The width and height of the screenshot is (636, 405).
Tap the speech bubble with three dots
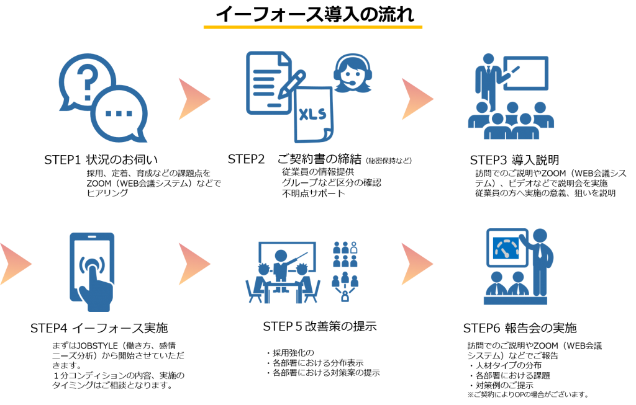click(x=119, y=113)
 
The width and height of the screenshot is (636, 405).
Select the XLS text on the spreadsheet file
click(x=312, y=115)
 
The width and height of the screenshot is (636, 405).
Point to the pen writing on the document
click(x=291, y=84)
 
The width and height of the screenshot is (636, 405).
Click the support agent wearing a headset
click(x=352, y=73)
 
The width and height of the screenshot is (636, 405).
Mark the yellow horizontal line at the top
click(x=312, y=27)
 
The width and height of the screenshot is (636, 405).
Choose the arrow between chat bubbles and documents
click(x=193, y=99)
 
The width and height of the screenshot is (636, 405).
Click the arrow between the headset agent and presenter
click(x=416, y=99)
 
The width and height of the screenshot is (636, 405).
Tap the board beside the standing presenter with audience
click(x=527, y=73)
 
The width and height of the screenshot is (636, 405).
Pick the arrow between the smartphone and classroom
click(x=193, y=264)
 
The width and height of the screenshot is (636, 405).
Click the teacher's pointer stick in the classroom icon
click(x=298, y=259)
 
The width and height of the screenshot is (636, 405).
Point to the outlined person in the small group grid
click(x=354, y=246)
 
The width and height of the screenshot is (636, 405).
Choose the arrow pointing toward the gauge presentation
click(x=416, y=264)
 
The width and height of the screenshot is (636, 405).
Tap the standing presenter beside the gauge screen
click(x=541, y=260)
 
